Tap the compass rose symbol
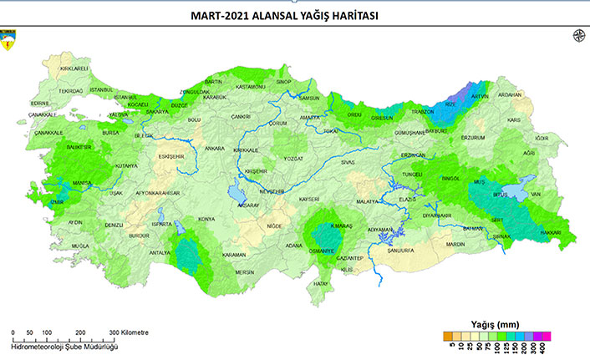coord(577,35)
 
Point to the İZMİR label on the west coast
coord(55,201)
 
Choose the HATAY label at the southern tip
coord(322,283)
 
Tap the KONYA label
coord(206,220)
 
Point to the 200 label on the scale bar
coord(80,332)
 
